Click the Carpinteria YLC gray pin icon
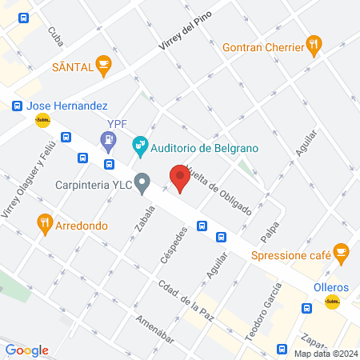(142, 183)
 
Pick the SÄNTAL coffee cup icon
(102, 65)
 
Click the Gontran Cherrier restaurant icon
(315, 46)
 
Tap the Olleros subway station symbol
(332, 301)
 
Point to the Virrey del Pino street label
(186, 36)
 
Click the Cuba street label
(55, 36)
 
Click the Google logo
(27, 350)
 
